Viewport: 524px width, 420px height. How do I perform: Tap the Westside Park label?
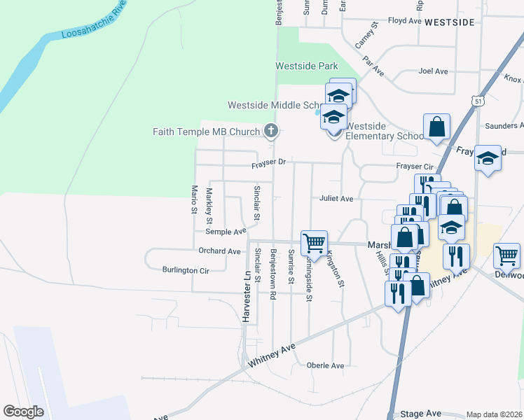click(x=306, y=66)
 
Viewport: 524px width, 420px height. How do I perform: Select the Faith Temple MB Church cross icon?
click(x=271, y=131)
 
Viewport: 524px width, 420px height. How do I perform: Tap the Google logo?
click(x=24, y=412)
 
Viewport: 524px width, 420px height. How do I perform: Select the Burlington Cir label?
click(x=186, y=270)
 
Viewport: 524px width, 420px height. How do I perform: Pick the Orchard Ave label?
click(x=219, y=251)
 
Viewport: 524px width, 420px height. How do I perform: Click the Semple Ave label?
click(x=226, y=231)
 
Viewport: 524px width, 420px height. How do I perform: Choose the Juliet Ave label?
click(x=336, y=199)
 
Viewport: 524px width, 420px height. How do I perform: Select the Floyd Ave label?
click(x=404, y=21)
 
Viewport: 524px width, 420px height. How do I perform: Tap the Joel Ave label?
click(x=432, y=71)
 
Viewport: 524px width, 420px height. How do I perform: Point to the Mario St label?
click(x=194, y=200)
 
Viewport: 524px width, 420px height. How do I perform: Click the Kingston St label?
click(x=336, y=269)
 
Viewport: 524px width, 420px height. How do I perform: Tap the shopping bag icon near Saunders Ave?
click(x=436, y=127)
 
